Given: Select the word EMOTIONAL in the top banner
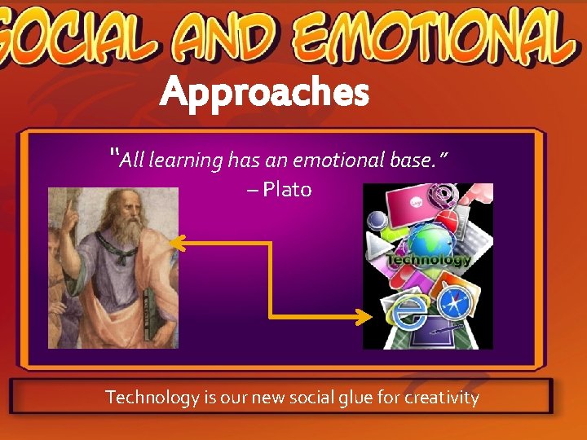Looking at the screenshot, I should (x=429, y=37).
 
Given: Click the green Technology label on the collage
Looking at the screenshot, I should (x=428, y=261).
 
